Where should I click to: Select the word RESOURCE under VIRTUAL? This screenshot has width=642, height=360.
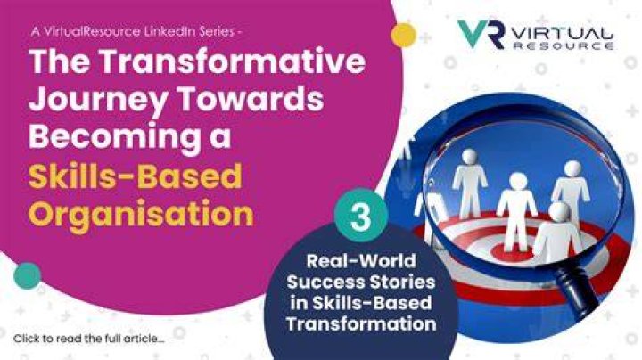(x=564, y=45)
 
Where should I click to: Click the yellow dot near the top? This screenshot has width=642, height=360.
(x=404, y=35)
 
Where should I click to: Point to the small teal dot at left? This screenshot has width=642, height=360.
(x=28, y=275)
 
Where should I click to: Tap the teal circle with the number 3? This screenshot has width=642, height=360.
(x=361, y=215)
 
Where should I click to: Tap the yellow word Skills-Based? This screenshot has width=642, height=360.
(x=136, y=176)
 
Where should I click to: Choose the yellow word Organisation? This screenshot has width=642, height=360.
(x=141, y=214)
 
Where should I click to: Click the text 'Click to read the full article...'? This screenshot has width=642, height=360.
(x=89, y=340)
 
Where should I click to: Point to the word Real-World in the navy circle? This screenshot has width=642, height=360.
(x=361, y=261)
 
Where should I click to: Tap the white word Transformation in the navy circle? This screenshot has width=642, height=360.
(x=361, y=324)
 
